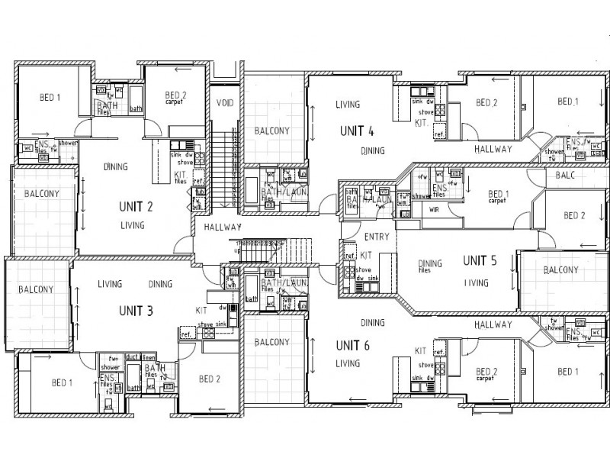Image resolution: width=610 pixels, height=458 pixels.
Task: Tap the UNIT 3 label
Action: click(x=136, y=311)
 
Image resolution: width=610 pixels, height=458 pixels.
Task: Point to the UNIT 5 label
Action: click(x=480, y=260)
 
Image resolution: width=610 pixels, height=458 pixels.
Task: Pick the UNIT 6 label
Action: click(x=352, y=345)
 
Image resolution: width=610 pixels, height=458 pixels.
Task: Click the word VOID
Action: click(x=224, y=103)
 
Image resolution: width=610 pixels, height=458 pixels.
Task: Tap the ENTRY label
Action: click(x=377, y=237)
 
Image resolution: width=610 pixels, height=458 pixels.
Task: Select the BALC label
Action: click(x=566, y=175)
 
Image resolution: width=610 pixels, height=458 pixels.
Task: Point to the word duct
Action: click(x=132, y=356)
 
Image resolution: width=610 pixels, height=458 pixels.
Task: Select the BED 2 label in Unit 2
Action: click(x=176, y=97)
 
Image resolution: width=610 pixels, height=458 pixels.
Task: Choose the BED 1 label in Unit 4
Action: click(x=567, y=102)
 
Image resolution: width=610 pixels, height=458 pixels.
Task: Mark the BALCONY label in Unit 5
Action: click(x=560, y=270)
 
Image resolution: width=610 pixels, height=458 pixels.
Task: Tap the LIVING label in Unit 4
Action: click(x=348, y=105)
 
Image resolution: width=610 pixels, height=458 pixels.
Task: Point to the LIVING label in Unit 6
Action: click(x=348, y=363)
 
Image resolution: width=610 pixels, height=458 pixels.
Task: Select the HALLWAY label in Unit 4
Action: click(x=493, y=149)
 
